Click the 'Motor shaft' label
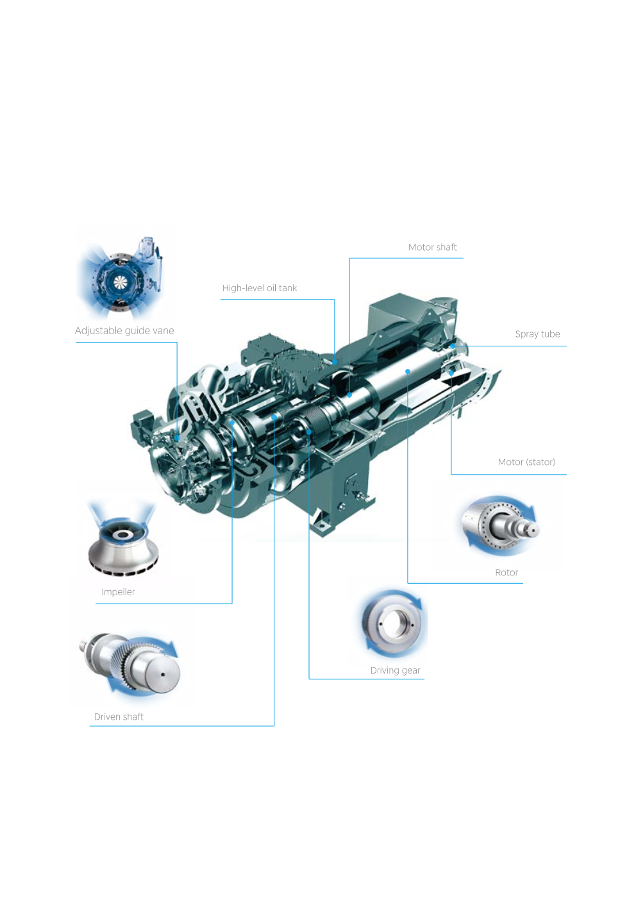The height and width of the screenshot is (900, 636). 432,247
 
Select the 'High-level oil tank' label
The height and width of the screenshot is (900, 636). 260,288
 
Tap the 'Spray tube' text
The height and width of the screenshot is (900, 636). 537,334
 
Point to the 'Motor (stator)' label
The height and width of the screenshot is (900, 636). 526,462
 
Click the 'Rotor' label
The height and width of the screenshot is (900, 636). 506,573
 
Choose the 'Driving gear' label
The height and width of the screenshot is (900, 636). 395,670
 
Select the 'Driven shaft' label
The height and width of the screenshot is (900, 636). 119,717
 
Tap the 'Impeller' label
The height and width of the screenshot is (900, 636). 118,592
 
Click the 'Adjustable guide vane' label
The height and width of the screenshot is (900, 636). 124,330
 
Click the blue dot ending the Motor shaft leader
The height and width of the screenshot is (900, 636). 349,395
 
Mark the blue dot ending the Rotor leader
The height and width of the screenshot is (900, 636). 408,371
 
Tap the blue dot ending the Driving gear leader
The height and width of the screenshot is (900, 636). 309,432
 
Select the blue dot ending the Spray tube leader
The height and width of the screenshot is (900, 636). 453,346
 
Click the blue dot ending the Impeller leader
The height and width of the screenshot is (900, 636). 232,423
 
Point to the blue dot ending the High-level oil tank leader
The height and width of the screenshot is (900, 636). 335,362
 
